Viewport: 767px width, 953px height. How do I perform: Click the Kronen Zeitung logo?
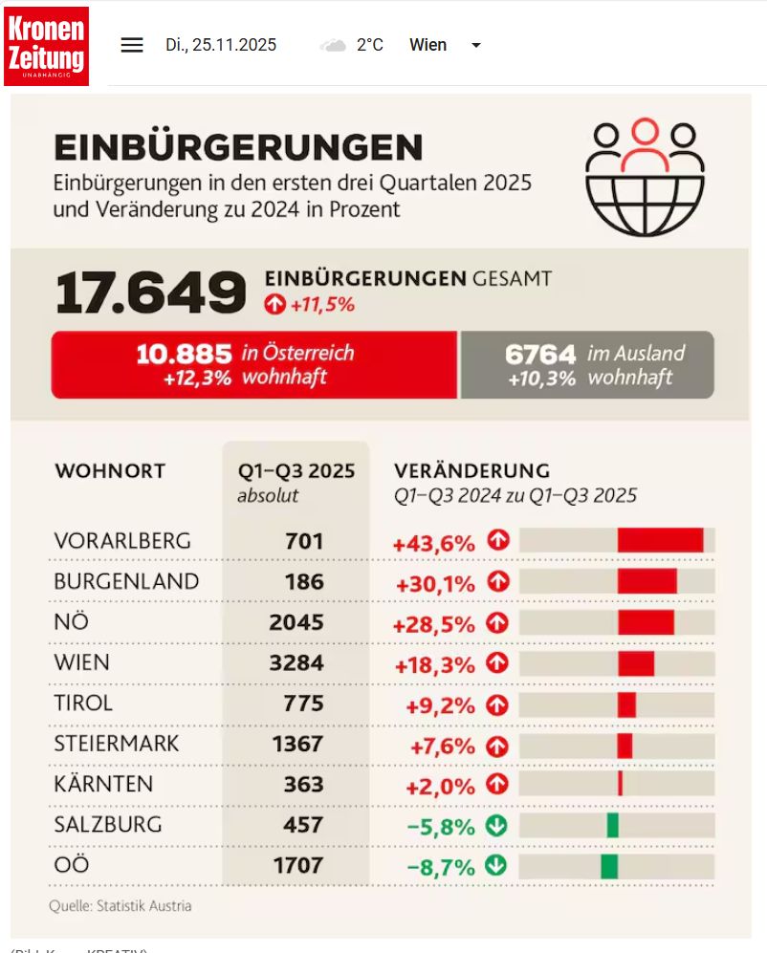[46, 45]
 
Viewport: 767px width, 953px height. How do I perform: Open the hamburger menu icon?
[132, 45]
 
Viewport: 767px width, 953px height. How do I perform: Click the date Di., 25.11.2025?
[221, 45]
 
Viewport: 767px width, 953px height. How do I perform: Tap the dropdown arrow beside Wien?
[476, 45]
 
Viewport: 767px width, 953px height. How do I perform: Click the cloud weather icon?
[334, 45]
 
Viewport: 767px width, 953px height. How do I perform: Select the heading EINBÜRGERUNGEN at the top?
[238, 147]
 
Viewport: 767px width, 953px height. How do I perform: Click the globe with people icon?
[645, 178]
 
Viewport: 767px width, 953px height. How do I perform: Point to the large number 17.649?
[151, 292]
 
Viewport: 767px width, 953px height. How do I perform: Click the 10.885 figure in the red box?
[184, 354]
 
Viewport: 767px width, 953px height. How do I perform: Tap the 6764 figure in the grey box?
[540, 354]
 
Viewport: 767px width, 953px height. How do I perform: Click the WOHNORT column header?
[110, 471]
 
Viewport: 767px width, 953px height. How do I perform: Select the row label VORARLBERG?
[122, 541]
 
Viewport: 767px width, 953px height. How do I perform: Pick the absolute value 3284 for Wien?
[296, 662]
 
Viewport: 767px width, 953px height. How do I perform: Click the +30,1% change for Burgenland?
[434, 582]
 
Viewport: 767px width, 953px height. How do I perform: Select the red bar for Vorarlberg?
[660, 541]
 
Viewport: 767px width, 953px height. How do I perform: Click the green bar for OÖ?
[609, 866]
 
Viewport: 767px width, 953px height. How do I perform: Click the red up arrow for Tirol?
[496, 704]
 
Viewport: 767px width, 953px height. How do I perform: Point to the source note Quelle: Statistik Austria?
[121, 905]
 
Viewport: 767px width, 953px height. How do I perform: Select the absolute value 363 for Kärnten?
[303, 785]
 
